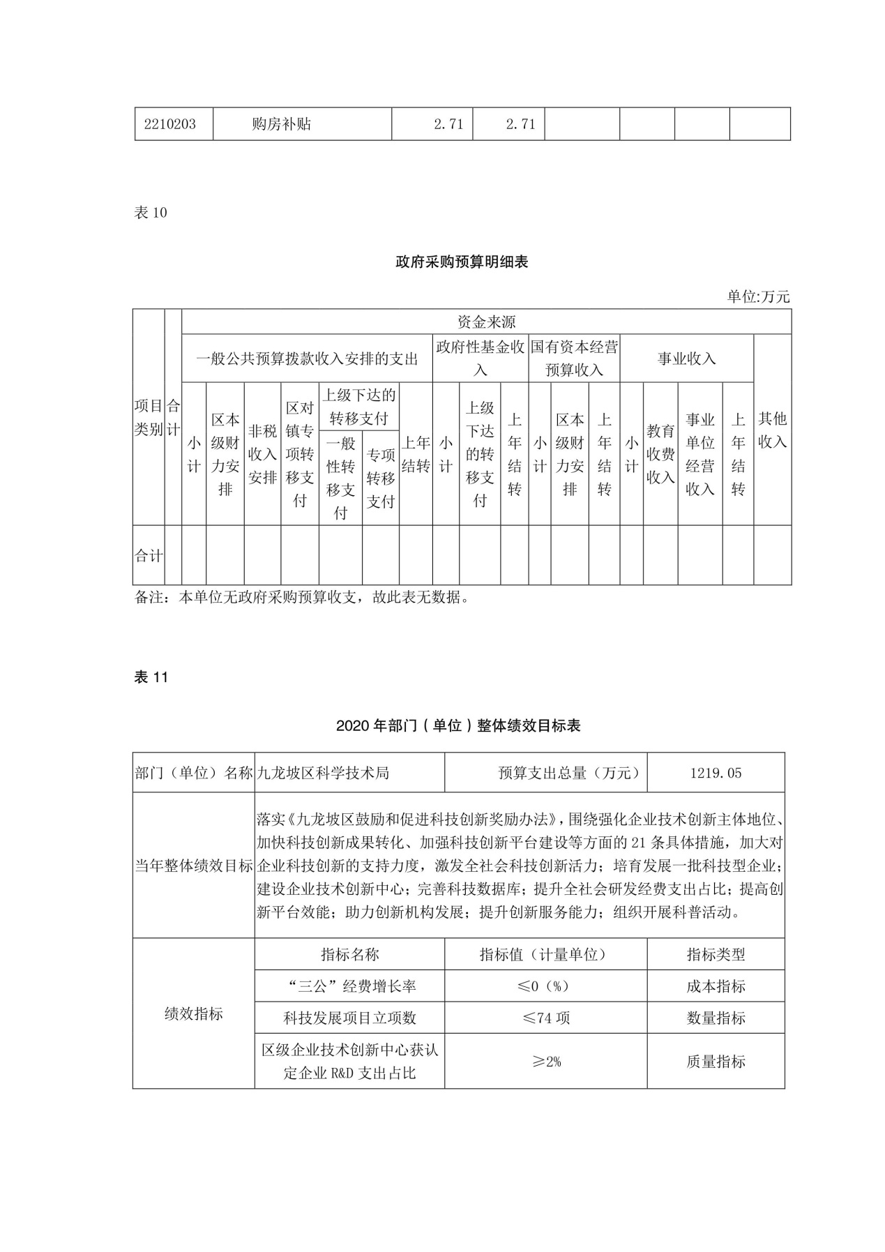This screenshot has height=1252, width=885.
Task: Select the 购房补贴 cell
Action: (281, 124)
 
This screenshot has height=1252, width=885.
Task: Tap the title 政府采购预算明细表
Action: (462, 262)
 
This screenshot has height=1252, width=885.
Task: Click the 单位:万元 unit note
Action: (758, 297)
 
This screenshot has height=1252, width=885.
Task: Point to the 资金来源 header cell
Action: (486, 322)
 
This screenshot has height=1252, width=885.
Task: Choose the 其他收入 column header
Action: (772, 430)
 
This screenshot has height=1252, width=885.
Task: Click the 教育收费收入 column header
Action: (660, 454)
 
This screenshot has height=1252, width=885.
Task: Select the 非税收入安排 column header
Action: (262, 454)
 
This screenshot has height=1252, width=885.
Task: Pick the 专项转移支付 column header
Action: (381, 478)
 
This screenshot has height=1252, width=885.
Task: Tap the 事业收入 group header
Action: (686, 359)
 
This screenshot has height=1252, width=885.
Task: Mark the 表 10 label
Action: (151, 213)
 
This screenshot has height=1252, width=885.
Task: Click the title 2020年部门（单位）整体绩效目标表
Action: (458, 725)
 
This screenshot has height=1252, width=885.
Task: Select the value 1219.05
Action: (716, 773)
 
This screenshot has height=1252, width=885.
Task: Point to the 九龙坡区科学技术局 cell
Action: (323, 773)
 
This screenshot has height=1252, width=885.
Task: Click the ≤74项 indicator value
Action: (546, 1018)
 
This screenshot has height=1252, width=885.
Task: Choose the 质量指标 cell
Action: (716, 1061)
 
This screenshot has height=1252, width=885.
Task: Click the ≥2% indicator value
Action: (546, 1061)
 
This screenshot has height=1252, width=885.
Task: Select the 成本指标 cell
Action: (716, 986)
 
